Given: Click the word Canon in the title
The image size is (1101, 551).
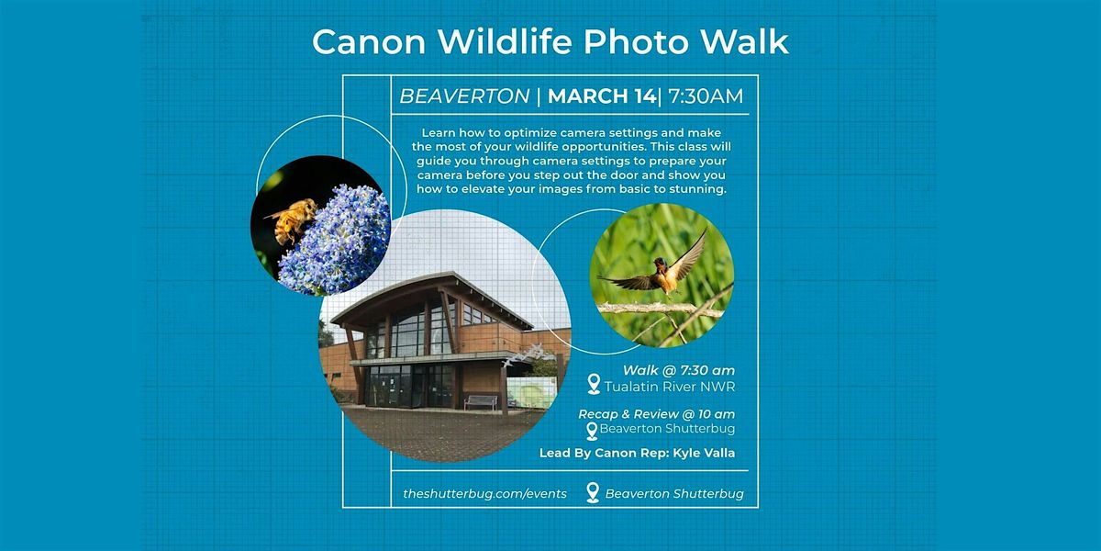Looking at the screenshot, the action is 369,42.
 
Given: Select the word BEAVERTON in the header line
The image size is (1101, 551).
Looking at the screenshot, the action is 464,96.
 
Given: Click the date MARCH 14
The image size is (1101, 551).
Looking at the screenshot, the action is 602,96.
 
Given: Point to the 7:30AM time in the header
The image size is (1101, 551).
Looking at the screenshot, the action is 706,96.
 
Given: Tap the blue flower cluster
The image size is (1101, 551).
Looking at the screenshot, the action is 334,240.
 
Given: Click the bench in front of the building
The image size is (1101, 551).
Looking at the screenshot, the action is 480,402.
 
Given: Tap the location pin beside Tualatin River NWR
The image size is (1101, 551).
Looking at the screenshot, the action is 594,384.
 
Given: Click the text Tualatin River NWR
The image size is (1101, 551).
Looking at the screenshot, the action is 670,388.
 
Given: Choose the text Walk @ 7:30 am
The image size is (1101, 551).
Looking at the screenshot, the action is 679,370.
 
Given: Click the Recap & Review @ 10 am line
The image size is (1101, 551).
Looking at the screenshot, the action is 657,414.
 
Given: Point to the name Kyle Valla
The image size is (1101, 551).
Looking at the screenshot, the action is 704,453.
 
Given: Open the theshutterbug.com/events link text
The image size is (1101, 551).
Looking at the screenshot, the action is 484,494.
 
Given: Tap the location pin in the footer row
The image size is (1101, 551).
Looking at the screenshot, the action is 593,492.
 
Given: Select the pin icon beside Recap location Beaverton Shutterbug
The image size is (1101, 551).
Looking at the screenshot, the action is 592,432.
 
